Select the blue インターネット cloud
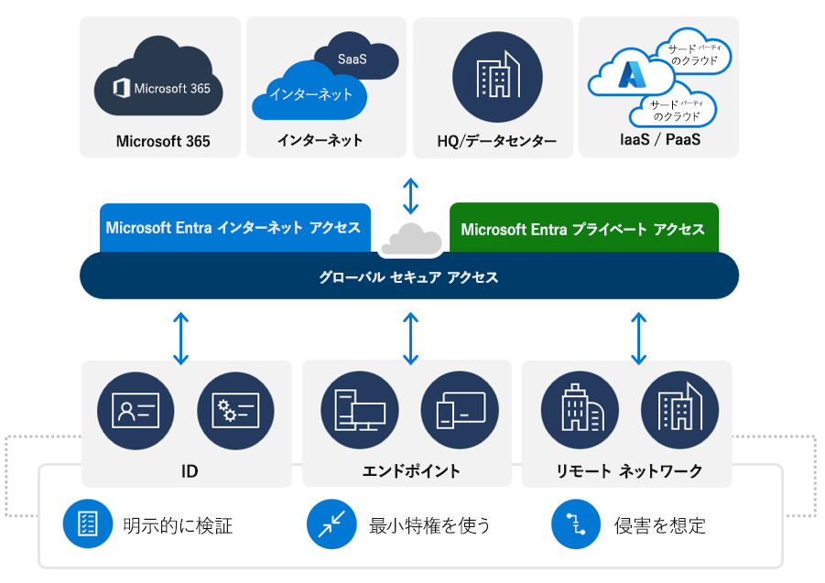[x=309, y=93]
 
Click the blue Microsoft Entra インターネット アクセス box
[x=233, y=228]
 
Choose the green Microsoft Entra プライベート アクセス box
[x=583, y=229]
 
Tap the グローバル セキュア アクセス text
[x=408, y=276]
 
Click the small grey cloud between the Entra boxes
[x=410, y=240]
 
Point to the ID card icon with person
[x=136, y=410]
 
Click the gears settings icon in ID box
[x=235, y=410]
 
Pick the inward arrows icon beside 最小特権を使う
[x=331, y=524]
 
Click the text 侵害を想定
[x=659, y=525]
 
